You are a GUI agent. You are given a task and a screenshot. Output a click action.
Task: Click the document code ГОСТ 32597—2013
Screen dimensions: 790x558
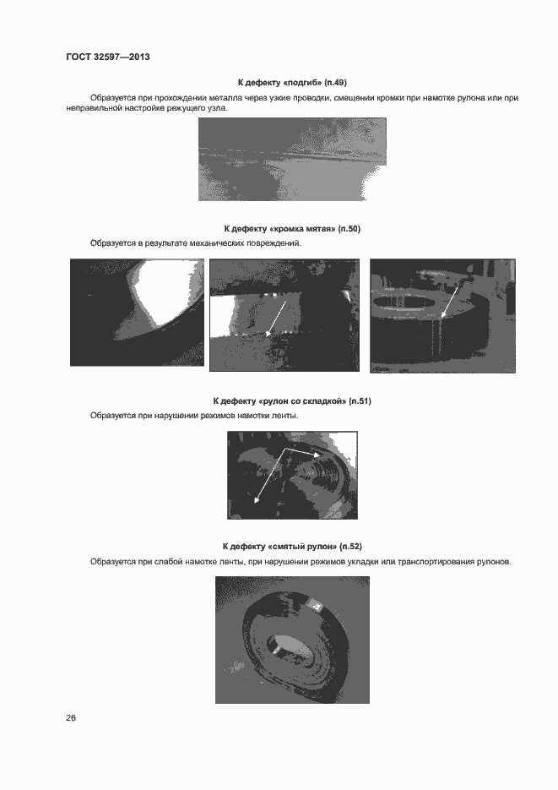(107, 57)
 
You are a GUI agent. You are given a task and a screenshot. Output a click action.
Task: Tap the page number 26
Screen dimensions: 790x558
(71, 717)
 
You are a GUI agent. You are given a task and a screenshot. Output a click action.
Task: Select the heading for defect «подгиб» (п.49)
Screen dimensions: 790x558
(292, 82)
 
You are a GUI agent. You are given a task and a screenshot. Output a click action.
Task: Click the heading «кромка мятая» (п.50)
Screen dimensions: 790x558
(292, 229)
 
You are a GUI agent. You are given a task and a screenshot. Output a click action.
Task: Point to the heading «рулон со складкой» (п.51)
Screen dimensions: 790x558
(292, 400)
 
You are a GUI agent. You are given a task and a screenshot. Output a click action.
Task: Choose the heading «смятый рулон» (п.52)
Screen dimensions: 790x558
(292, 546)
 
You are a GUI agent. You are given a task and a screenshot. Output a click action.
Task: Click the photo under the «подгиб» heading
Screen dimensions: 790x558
(292, 159)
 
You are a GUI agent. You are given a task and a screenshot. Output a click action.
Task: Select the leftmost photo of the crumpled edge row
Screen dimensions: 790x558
(137, 313)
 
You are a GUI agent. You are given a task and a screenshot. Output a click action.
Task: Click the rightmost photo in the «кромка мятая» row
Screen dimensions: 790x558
(442, 315)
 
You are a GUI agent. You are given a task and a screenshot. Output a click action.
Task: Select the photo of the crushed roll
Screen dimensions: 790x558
(292, 640)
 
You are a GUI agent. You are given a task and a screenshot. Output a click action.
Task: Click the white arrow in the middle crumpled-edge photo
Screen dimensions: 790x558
(281, 317)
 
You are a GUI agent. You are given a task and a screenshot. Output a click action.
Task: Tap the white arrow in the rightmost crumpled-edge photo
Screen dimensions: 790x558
(449, 301)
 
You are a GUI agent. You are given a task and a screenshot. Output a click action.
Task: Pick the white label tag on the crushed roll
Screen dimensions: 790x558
(317, 606)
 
